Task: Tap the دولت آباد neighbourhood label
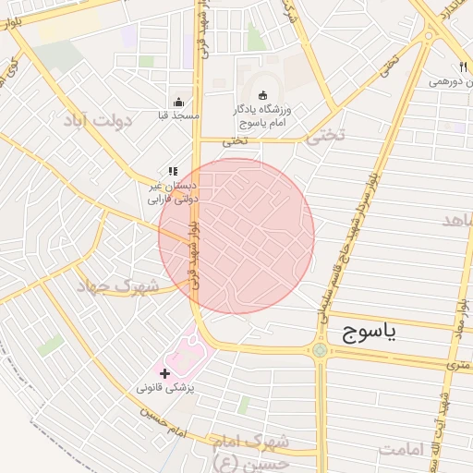tap(99, 120)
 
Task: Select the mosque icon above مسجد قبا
tap(177, 102)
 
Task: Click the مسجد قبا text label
tap(178, 115)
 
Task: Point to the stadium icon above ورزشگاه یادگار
tap(262, 94)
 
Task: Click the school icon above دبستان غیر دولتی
tap(172, 171)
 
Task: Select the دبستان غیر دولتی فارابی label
tap(173, 191)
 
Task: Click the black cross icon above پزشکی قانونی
tap(165, 373)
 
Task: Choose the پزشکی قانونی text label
tap(166, 388)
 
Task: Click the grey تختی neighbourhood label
tap(324, 135)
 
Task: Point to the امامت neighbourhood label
tap(399, 449)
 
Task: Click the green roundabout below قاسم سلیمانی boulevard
tap(321, 350)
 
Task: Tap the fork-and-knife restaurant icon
tap(462, 67)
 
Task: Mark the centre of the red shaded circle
tap(236, 236)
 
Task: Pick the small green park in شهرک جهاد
tap(51, 346)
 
